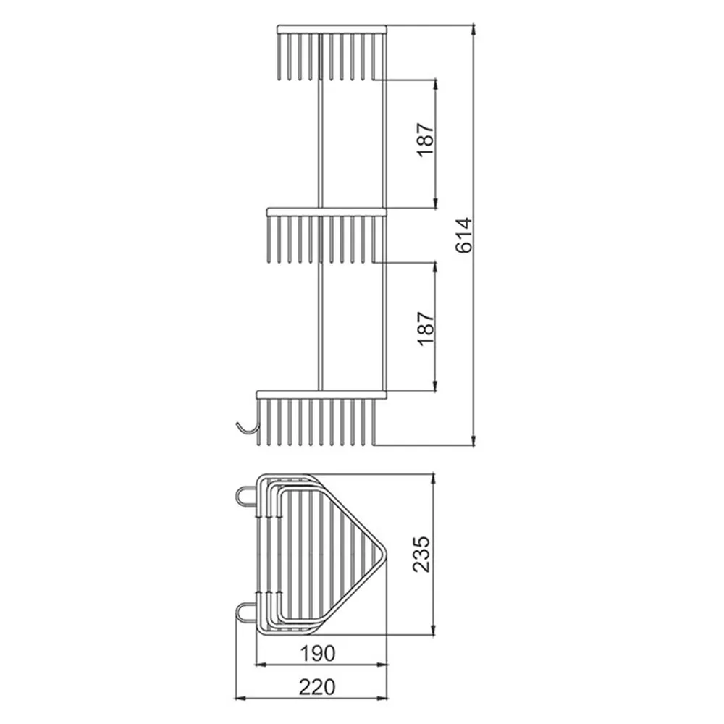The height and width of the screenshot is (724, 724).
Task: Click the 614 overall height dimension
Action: [463, 235]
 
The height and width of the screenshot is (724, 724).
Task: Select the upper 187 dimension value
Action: [426, 140]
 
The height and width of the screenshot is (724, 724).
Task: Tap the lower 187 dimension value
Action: [426, 328]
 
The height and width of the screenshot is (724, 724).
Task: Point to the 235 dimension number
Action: [421, 555]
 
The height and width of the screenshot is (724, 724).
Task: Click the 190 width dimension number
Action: [318, 653]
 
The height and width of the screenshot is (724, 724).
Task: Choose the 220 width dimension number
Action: [317, 687]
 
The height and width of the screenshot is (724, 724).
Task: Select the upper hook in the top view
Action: [245, 498]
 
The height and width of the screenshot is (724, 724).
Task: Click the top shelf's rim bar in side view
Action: [332, 30]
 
